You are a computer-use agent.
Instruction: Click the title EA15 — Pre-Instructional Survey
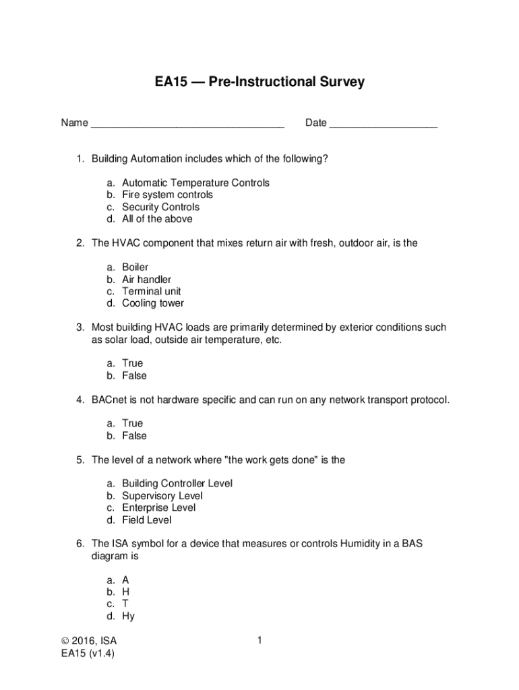[259, 82]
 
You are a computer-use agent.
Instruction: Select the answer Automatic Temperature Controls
[195, 183]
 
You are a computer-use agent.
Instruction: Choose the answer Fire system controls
[167, 195]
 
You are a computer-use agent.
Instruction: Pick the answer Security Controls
[160, 207]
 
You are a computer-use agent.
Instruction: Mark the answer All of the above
[157, 219]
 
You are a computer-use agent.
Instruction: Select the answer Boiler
[135, 267]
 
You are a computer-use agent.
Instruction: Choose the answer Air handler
[146, 279]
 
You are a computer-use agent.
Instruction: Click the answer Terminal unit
[151, 291]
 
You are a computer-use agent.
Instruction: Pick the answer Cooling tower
[152, 303]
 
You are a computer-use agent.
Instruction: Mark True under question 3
[132, 363]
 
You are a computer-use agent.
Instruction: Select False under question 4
[134, 435]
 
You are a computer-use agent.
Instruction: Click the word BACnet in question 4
[109, 400]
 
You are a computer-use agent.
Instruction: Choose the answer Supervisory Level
[162, 496]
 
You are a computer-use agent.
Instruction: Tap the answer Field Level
[146, 520]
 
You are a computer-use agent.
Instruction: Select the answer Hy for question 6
[128, 616]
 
